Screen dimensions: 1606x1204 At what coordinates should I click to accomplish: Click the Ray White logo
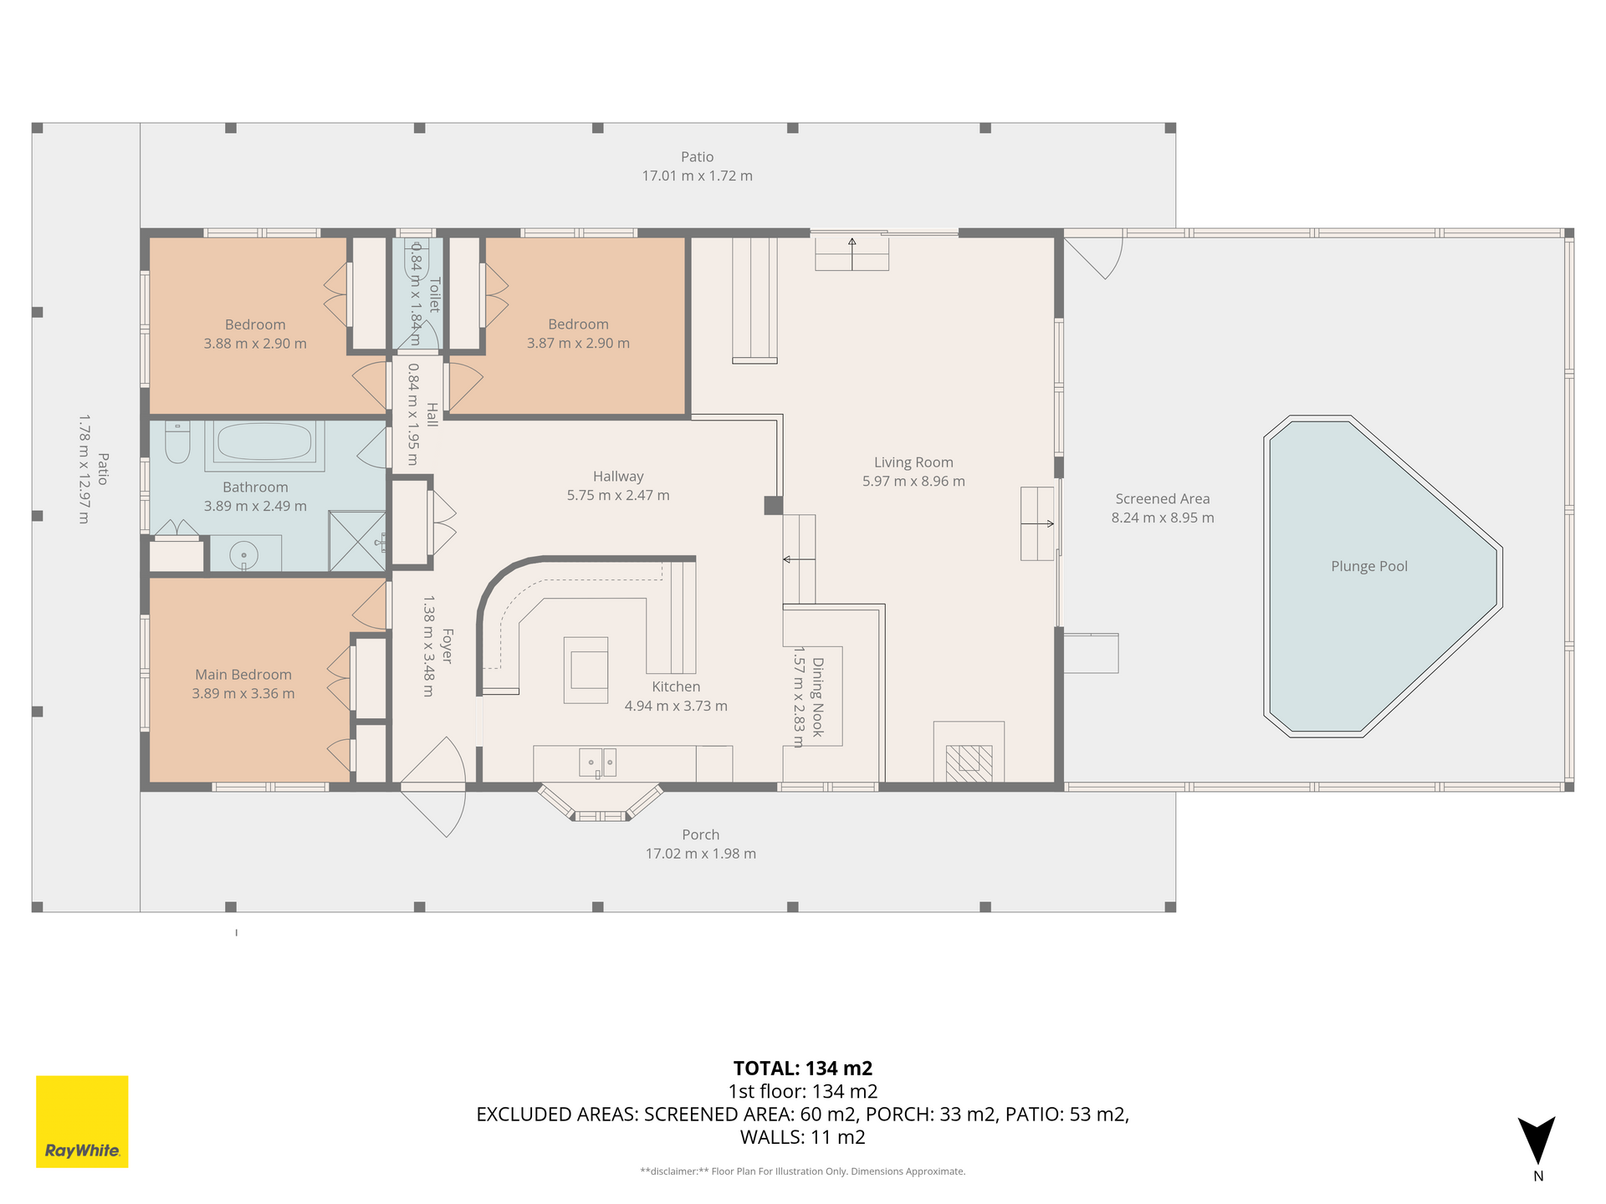click(x=82, y=1121)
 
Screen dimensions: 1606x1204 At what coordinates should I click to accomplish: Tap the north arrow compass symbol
click(x=1537, y=1141)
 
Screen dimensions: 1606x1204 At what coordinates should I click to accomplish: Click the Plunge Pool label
click(x=1369, y=566)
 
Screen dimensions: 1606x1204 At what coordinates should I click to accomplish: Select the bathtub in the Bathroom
click(x=263, y=442)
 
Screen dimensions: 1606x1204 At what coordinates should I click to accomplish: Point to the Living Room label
click(x=913, y=462)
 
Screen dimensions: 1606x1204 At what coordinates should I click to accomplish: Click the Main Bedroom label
click(x=243, y=675)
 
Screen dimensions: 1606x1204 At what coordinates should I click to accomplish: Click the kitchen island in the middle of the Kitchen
click(x=586, y=670)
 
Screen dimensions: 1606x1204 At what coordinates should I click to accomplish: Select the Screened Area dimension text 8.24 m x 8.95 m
click(x=1163, y=518)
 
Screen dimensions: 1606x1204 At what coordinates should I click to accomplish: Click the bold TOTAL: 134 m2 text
click(x=803, y=1068)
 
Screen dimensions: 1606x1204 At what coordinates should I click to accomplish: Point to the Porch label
click(x=701, y=834)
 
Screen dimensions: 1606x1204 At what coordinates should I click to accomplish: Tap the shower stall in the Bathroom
click(x=357, y=542)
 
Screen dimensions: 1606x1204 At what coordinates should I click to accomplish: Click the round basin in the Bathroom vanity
click(x=244, y=554)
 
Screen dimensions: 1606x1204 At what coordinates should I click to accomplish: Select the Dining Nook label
click(x=818, y=697)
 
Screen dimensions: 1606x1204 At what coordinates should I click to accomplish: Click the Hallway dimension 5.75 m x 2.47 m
click(x=618, y=495)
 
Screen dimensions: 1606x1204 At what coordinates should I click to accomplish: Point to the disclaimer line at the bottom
click(x=803, y=1171)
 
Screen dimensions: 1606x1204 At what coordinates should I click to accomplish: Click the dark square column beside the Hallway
click(x=774, y=505)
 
